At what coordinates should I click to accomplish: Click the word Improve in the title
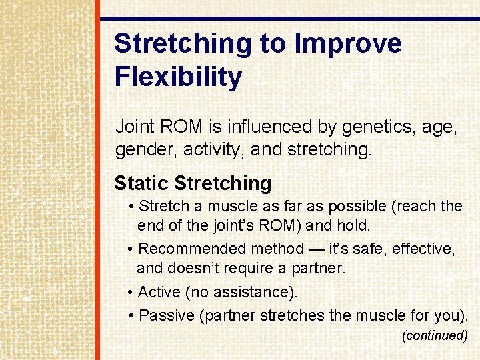coord(348,44)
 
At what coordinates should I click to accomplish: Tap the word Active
coord(159,292)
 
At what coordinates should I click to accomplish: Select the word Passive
coord(167,315)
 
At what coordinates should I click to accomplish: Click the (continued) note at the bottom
coord(435,336)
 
